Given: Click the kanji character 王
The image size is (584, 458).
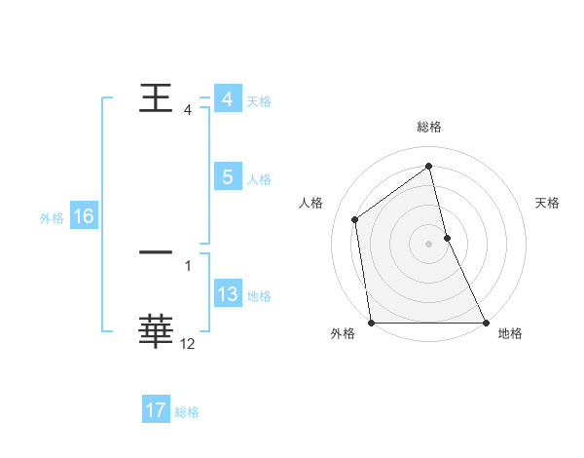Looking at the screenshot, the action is tap(157, 98).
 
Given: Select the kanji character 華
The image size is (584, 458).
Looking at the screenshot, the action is tap(157, 331).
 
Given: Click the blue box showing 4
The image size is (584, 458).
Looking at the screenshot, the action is tap(228, 99).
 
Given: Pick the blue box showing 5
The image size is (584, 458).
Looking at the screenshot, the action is tap(228, 177).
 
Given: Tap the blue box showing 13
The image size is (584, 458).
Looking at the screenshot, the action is tap(228, 294).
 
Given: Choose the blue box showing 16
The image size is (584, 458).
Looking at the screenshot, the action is tap(83, 216).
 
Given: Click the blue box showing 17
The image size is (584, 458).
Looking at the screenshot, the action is tap(156, 410).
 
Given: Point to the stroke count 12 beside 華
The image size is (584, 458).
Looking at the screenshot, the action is tap(188, 343).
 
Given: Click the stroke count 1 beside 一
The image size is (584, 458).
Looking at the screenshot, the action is tap(188, 265).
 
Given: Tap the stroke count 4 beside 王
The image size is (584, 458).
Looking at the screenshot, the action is tap(188, 110).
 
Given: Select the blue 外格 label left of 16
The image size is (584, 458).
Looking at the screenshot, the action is tap(52, 218).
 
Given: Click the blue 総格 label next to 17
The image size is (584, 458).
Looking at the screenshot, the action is tap(187, 412).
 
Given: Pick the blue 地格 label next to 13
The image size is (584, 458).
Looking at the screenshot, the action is tap(259, 296).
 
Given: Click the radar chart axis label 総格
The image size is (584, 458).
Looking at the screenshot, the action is tap(429, 128).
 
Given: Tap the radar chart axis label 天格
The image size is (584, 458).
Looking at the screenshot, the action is tap(548, 203).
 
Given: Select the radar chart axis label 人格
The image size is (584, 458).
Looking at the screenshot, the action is tap(311, 203).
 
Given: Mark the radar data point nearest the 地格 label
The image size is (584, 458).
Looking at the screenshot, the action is tap(485, 323).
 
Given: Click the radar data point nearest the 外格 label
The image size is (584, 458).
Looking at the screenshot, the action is tap(372, 323).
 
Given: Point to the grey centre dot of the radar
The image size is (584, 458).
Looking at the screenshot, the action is tap(428, 244).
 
